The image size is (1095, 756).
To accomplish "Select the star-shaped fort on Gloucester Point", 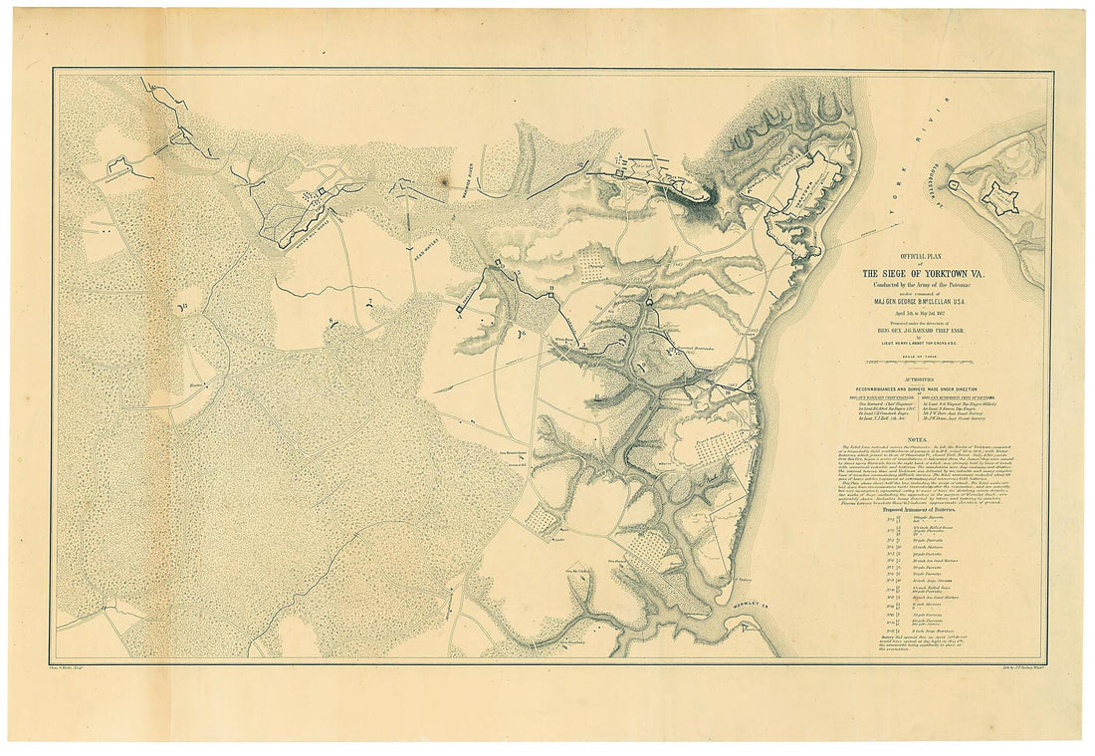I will (x=999, y=197).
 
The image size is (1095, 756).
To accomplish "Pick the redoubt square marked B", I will (x=549, y=291).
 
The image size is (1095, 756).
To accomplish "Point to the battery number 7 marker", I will (x=368, y=302).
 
